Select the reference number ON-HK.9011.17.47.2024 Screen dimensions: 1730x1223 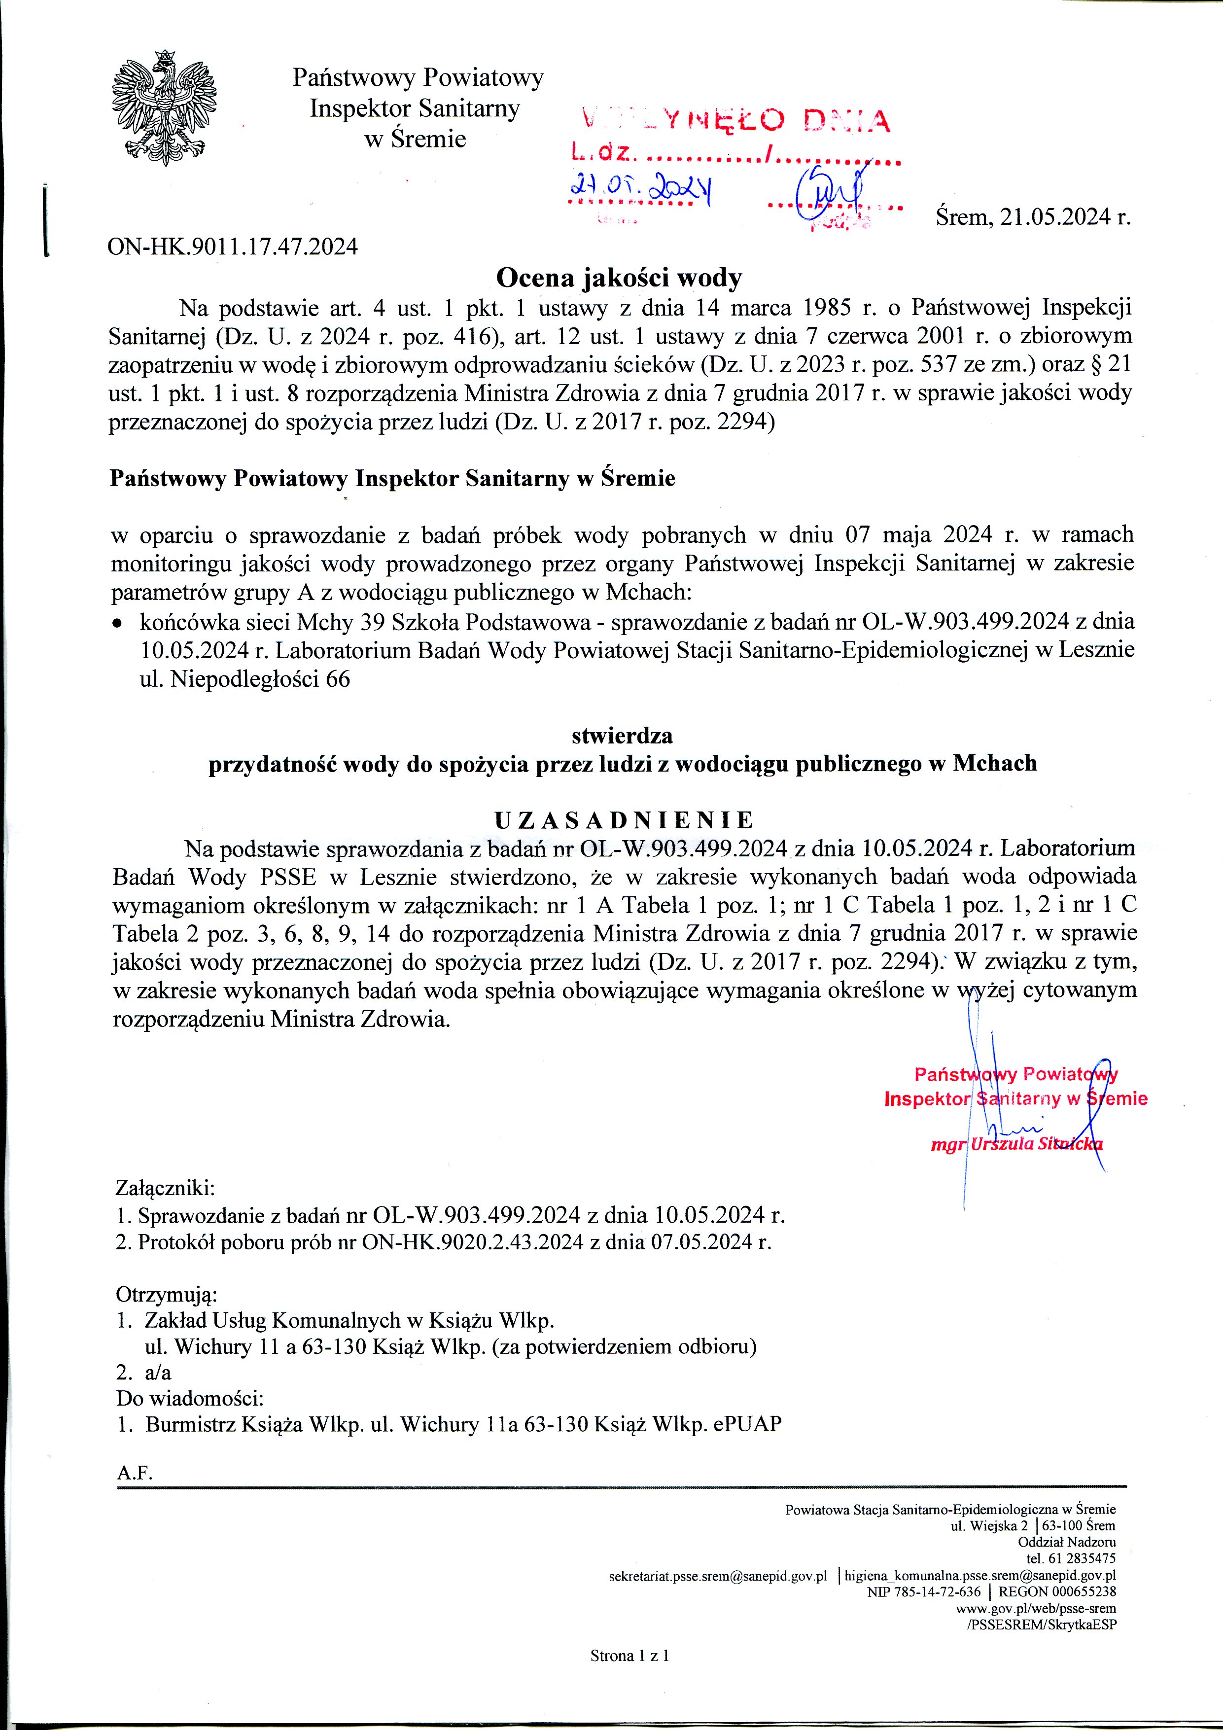pyautogui.click(x=233, y=247)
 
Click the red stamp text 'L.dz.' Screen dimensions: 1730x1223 pyautogui.click(x=600, y=153)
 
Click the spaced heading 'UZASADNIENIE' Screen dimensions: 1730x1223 pyautogui.click(x=623, y=820)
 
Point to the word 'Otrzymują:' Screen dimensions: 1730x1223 pyautogui.click(x=166, y=1295)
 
